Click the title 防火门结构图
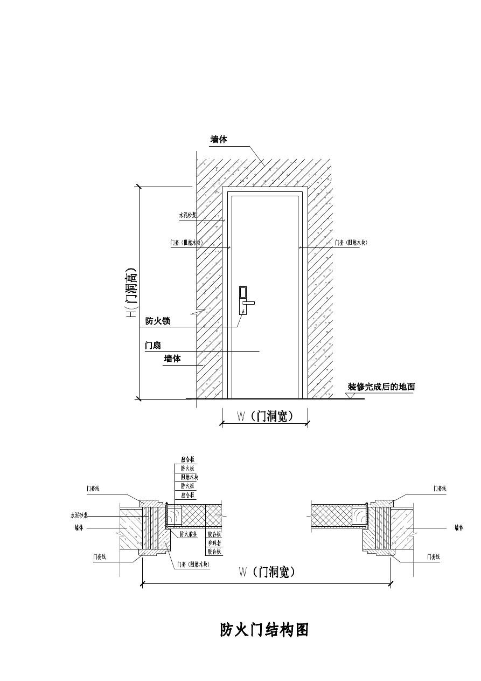[x=264, y=630]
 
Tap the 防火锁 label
[x=158, y=321]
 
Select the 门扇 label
[x=153, y=345]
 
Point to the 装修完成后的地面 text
[x=381, y=387]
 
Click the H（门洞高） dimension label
[x=131, y=292]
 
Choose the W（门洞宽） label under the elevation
[x=265, y=416]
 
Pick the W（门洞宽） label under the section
[x=267, y=572]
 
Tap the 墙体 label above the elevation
[x=219, y=139]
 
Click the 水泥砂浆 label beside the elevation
[x=187, y=215]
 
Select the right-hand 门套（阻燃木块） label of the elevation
[x=351, y=243]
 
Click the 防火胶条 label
[x=189, y=534]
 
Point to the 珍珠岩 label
[x=214, y=543]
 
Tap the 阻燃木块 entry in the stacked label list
[x=190, y=477]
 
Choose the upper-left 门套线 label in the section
[x=93, y=489]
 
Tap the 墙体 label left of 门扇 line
[x=172, y=359]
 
